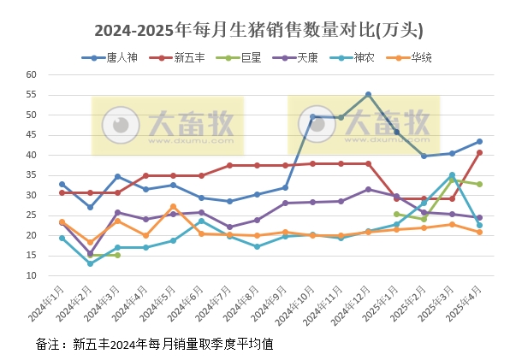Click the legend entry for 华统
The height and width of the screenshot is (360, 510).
tap(419, 58)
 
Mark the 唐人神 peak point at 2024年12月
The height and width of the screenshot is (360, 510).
tap(368, 94)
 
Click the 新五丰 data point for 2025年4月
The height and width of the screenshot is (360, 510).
tap(479, 152)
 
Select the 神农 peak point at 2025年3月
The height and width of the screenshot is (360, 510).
tap(452, 175)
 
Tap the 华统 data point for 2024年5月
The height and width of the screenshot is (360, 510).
tap(173, 207)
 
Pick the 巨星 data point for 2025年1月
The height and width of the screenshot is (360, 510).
tap(396, 214)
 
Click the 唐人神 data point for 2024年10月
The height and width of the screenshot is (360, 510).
tap(312, 116)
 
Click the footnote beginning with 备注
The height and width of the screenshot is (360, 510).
tap(154, 344)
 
